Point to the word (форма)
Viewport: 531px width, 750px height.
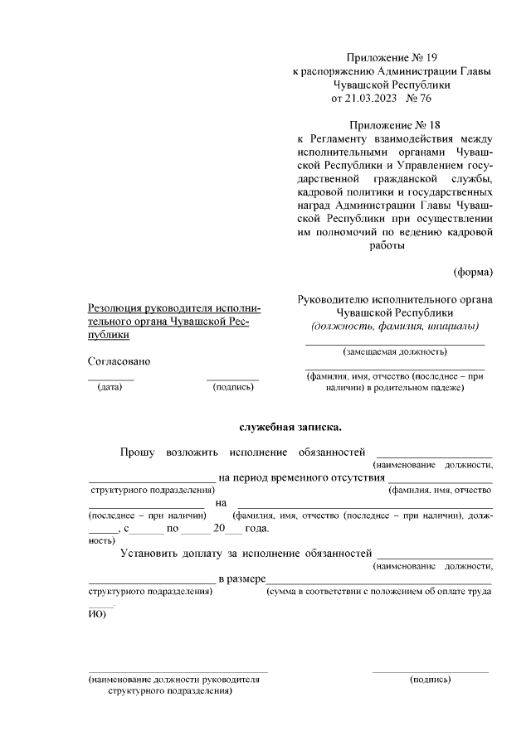point(473,271)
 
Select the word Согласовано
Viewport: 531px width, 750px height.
point(119,360)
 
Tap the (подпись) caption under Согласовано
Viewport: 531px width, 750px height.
point(233,387)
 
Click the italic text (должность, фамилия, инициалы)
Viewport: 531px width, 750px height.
point(394,326)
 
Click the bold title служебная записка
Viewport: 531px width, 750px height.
point(290,428)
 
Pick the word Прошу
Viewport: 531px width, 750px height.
point(138,452)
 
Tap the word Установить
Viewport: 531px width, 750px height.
point(152,552)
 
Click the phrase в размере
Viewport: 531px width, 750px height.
point(241,577)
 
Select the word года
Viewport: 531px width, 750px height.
point(256,527)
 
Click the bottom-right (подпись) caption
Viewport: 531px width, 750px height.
point(431,680)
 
